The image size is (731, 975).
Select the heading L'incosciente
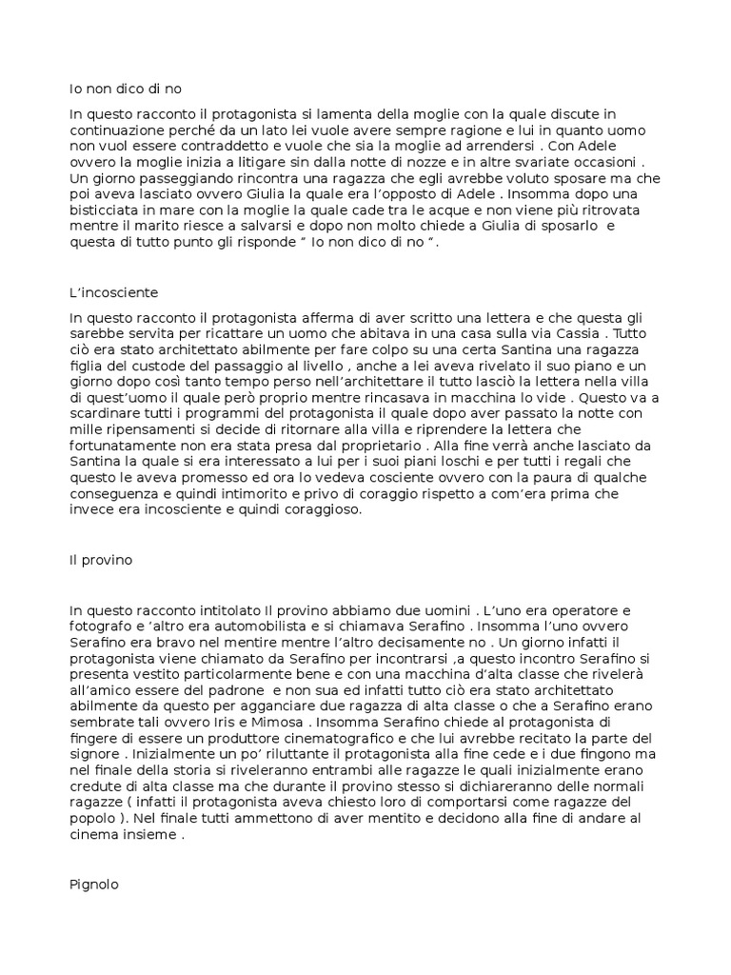[x=114, y=291]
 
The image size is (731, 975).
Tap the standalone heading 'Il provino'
[x=101, y=560]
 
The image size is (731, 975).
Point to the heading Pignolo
[x=93, y=885]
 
